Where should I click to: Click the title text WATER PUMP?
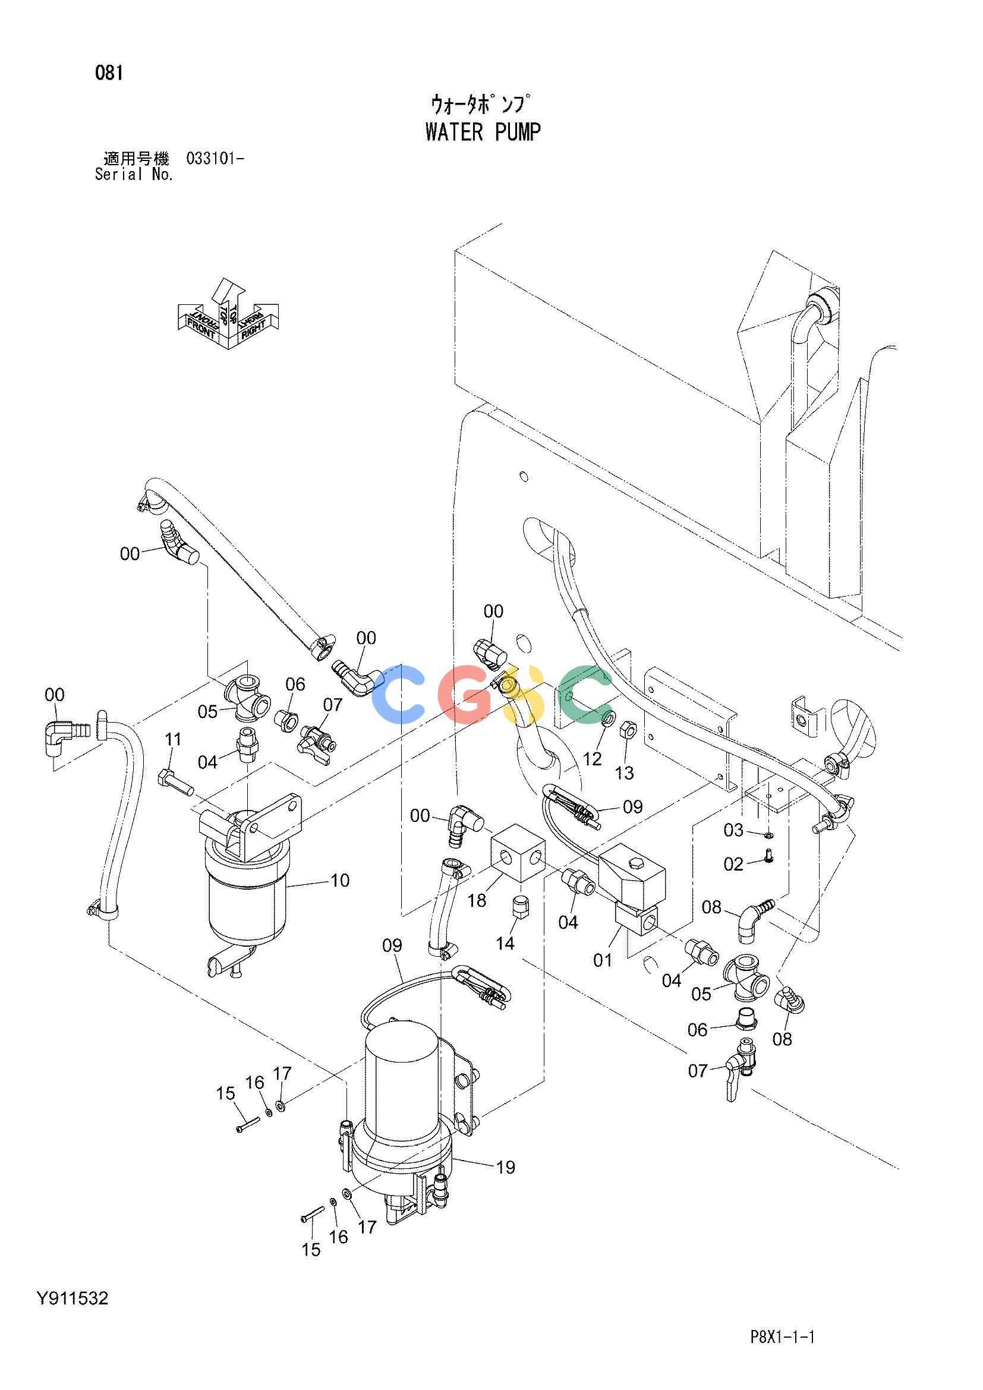click(x=483, y=132)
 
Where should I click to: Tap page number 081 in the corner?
click(x=109, y=73)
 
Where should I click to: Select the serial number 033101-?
click(x=216, y=159)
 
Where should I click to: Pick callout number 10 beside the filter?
click(x=340, y=880)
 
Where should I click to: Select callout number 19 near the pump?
click(x=505, y=1167)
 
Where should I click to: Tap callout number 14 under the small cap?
click(x=505, y=960)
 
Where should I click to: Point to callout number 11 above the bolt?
click(x=173, y=739)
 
